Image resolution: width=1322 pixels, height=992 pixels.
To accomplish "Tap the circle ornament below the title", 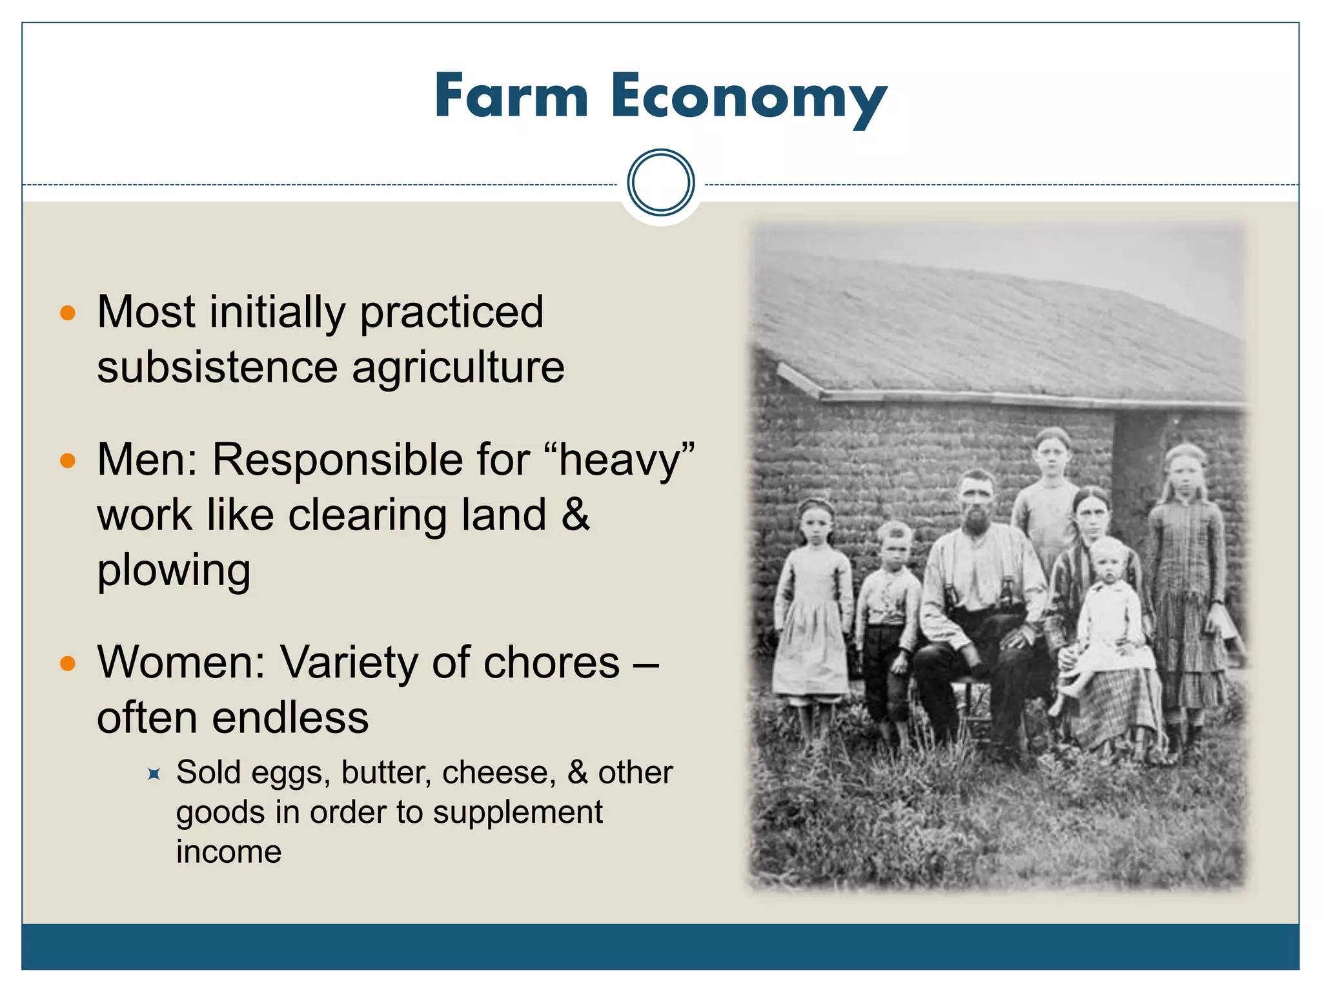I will click(x=660, y=182).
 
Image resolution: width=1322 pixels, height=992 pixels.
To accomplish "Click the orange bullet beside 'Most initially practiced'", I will click(x=68, y=313).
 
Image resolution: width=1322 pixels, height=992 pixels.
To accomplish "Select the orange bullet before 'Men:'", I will click(x=68, y=460).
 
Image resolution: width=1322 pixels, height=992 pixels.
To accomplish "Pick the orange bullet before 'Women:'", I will click(x=68, y=663).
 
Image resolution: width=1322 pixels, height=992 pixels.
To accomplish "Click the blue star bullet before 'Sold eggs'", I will click(x=154, y=773).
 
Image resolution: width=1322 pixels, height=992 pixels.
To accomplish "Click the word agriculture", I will click(x=458, y=368).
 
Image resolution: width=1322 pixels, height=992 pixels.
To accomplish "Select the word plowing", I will click(x=174, y=571).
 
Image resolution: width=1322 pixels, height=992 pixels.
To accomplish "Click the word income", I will click(x=229, y=852).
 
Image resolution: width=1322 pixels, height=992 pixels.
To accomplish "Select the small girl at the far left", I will click(x=813, y=601).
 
